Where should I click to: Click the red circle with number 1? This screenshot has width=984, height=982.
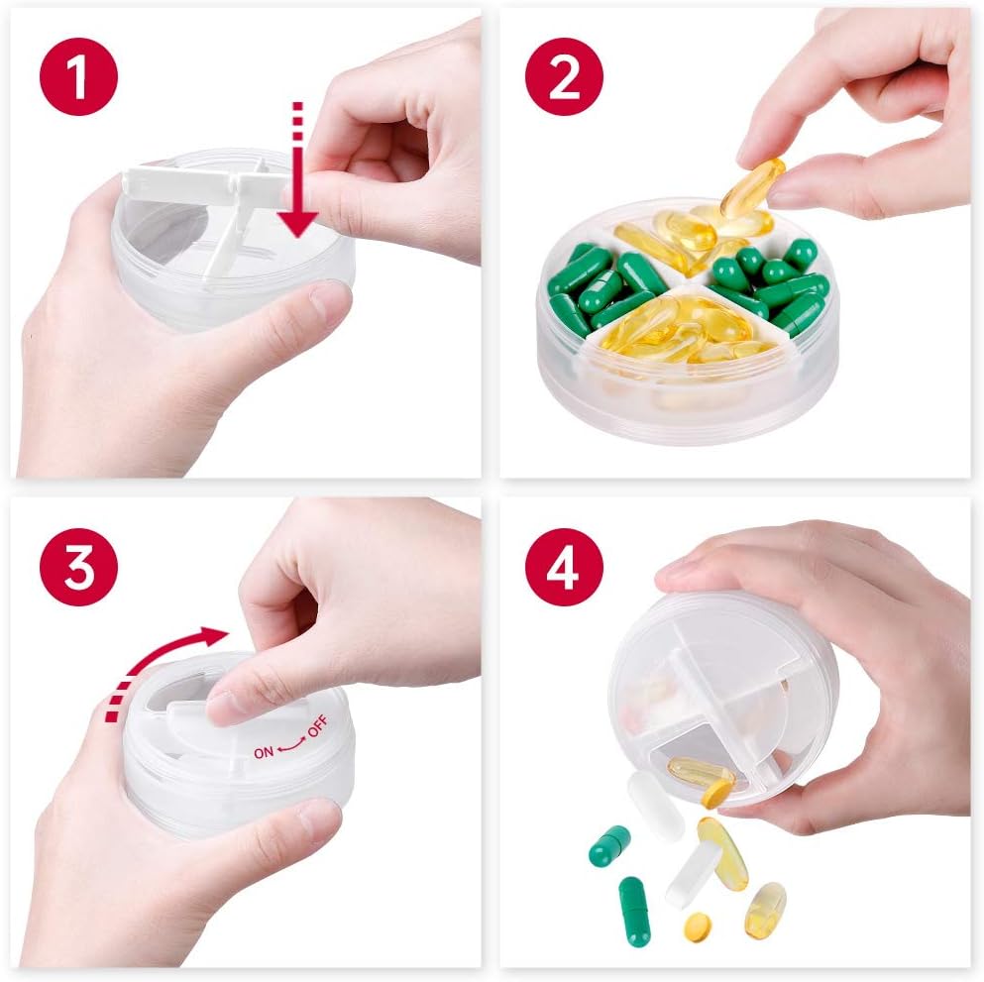tap(78, 76)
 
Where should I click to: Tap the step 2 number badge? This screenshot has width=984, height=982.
tap(565, 76)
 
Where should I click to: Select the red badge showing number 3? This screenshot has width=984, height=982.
tap(78, 568)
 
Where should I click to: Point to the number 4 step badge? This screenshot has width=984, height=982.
tap(565, 568)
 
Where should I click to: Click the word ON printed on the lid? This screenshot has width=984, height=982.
tap(264, 752)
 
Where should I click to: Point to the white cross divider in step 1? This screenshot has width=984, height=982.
tap(229, 203)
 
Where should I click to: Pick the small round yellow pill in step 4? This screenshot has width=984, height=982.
tap(698, 926)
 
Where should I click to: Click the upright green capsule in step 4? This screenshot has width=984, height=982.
tap(634, 909)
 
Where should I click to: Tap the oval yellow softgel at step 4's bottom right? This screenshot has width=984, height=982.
tap(765, 909)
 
